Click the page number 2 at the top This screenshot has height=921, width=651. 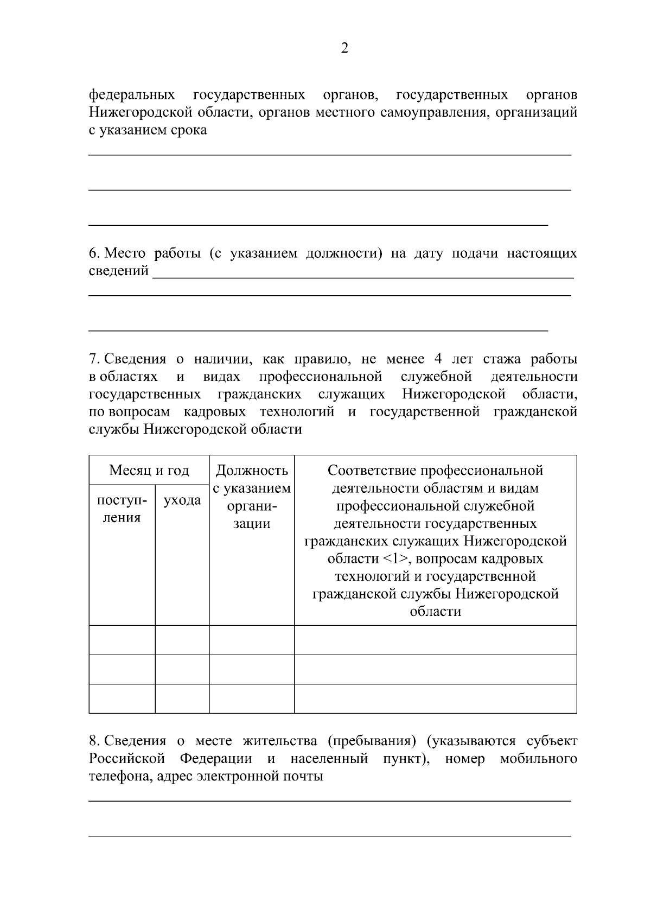point(344,49)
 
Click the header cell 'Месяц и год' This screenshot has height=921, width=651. point(149,470)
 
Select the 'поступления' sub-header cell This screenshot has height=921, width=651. point(122,509)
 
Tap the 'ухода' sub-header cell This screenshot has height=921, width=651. point(182,500)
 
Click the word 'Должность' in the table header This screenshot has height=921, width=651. point(252,470)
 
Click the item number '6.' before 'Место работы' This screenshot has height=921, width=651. point(94,253)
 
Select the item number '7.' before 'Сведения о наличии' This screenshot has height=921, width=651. point(94,359)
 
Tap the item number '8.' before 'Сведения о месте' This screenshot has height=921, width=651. point(94,741)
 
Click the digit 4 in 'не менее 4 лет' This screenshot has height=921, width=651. point(438,359)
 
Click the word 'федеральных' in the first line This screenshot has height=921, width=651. point(132,95)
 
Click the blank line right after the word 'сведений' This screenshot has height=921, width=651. point(362,274)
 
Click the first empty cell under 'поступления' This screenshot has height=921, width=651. point(122,640)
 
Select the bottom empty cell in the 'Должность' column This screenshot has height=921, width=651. point(252,698)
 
